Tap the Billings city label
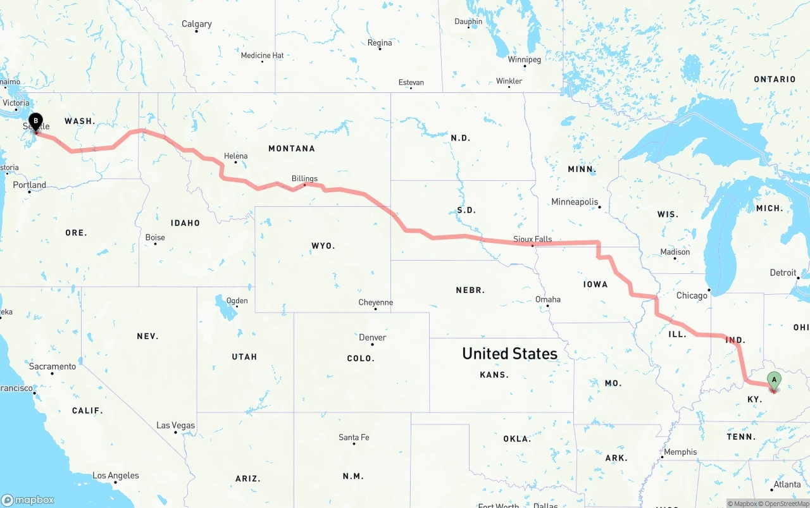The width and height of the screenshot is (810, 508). coord(304,178)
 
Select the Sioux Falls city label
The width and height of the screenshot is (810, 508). coord(532,239)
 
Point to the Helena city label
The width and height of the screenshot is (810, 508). coord(235,156)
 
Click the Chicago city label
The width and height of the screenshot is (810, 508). coord(692,295)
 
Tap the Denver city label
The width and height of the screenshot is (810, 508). coord(372,337)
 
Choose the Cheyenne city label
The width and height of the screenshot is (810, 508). coord(375,302)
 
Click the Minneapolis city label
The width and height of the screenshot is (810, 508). coord(575,202)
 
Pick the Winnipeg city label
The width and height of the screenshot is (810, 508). coord(524,59)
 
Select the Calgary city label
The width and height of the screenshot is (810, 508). coord(196,24)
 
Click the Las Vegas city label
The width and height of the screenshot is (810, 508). coord(175,425)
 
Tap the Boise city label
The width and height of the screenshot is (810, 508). coord(155,237)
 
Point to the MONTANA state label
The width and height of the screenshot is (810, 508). coord(291,149)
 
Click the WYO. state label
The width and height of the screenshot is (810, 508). coord(323,245)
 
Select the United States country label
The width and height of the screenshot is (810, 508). coord(509,353)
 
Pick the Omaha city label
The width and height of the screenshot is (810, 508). coord(547,299)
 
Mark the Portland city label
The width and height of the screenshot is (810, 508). coord(30,185)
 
